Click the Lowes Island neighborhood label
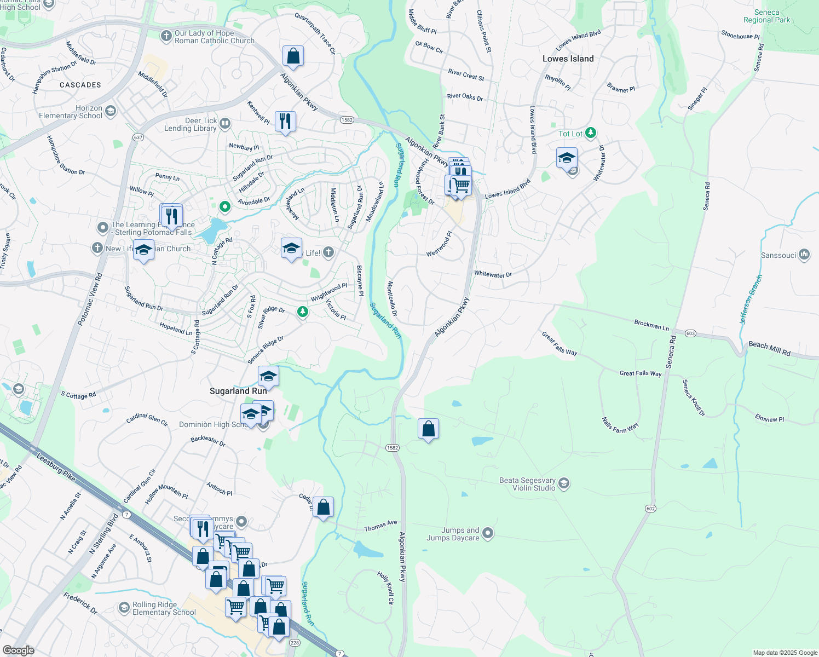[x=568, y=59]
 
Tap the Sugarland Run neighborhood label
[x=238, y=391]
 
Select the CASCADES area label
[x=80, y=85]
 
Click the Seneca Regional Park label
[x=766, y=16]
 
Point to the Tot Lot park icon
[x=591, y=133]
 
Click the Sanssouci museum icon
[x=804, y=255]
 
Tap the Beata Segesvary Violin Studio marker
[x=564, y=484]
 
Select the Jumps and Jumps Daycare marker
[x=488, y=533]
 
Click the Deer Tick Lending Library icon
[x=225, y=124]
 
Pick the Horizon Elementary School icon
[x=111, y=112]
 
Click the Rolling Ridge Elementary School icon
[x=124, y=608]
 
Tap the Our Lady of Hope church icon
[x=166, y=36]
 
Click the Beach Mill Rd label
[x=769, y=349]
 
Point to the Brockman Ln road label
[x=651, y=325]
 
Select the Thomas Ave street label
[x=380, y=526]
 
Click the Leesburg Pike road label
[x=56, y=468]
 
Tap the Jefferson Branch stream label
[x=751, y=299]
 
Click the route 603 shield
[x=690, y=333]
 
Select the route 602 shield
[x=650, y=509]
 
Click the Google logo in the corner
[x=18, y=650]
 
